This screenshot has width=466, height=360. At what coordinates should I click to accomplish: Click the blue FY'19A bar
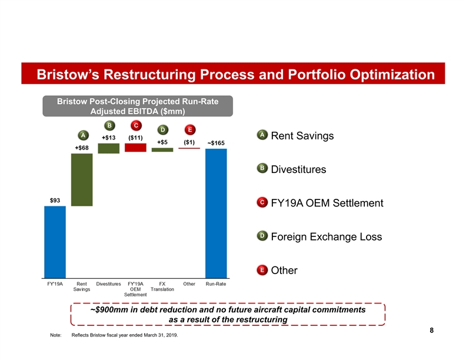[55, 241]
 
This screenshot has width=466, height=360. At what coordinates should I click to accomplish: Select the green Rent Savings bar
[82, 179]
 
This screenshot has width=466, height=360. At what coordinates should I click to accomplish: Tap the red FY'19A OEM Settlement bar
[135, 148]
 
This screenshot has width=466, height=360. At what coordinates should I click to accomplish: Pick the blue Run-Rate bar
[216, 212]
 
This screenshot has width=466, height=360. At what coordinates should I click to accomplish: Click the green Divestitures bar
[108, 148]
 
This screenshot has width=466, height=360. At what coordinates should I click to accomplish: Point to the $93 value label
[55, 201]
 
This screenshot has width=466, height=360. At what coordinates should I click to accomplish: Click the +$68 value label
[82, 148]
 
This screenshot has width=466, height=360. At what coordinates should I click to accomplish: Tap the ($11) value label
[135, 138]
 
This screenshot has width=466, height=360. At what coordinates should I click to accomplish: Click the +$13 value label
[108, 138]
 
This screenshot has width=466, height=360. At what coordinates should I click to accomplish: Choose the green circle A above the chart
[82, 134]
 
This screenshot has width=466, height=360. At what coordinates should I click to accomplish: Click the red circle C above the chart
[135, 125]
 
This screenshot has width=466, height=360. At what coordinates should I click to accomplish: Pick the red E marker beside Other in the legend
[261, 270]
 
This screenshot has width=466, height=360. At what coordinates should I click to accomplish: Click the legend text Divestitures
[298, 170]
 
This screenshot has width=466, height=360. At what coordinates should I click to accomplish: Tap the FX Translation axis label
[162, 286]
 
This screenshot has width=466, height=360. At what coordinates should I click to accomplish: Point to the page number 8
[432, 331]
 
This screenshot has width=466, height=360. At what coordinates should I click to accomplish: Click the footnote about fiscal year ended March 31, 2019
[124, 336]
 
